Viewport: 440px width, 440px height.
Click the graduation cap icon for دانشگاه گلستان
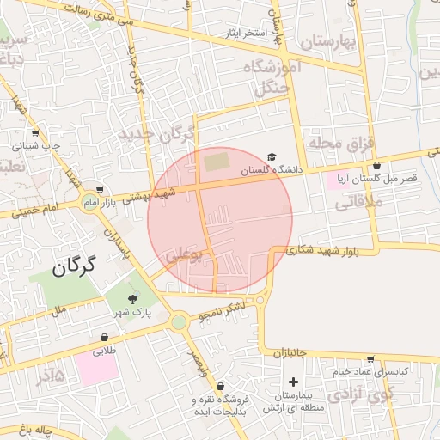coord(272,156)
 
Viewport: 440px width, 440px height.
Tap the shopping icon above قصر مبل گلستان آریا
coord(376,165)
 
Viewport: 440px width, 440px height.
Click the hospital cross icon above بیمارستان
coord(294,382)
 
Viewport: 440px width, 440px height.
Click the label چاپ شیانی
coord(36,146)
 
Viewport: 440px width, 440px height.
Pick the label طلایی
coord(104,351)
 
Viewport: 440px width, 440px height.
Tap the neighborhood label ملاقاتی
coord(356,204)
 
